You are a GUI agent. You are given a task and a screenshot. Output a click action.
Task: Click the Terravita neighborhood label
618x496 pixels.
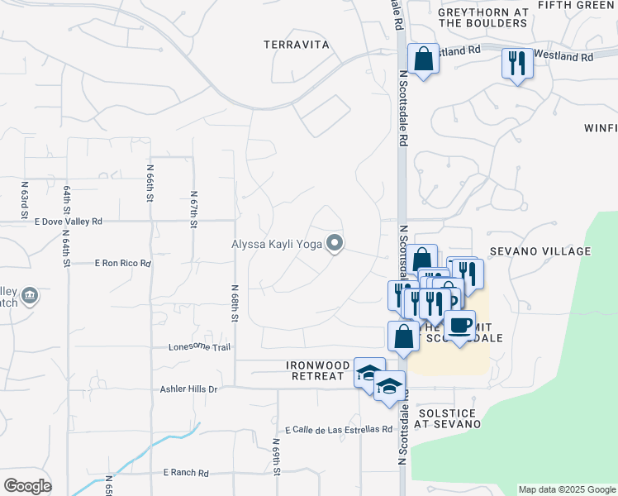tap(297, 45)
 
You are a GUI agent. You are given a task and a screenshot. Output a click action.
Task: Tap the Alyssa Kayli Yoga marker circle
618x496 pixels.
tap(335, 243)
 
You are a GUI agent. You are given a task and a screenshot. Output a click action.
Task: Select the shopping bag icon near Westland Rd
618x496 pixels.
tap(423, 60)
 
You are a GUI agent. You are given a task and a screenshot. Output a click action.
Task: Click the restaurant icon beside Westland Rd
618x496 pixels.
tap(517, 63)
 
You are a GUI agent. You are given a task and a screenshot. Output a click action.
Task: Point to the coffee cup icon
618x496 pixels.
tap(460, 324)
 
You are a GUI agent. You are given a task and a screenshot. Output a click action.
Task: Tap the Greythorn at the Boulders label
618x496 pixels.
tap(483, 17)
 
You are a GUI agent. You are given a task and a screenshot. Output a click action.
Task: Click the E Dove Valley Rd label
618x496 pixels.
tap(69, 222)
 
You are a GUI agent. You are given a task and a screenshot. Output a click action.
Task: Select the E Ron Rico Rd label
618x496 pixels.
tap(123, 264)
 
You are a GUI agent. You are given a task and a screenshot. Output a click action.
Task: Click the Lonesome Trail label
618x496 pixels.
tap(199, 347)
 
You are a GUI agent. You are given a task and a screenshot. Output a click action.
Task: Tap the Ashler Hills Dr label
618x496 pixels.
tap(189, 389)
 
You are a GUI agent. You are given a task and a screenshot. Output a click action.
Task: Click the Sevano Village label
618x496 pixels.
tap(551, 251)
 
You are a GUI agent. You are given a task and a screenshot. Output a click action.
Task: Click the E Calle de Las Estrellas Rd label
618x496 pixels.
tap(338, 430)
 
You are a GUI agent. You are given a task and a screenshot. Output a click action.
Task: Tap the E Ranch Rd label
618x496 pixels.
tap(186, 473)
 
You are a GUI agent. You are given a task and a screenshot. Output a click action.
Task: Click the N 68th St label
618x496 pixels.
tap(235, 303)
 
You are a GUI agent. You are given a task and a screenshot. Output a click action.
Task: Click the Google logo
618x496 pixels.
tap(27, 486)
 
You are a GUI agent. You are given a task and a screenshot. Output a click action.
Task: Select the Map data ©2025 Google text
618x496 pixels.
tap(567, 489)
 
